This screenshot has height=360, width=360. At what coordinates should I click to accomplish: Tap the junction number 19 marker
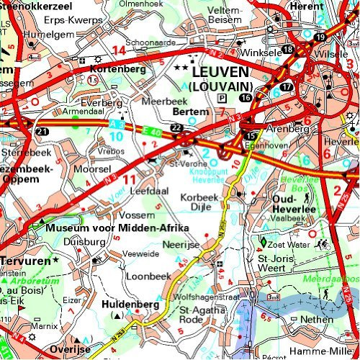(320, 37)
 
